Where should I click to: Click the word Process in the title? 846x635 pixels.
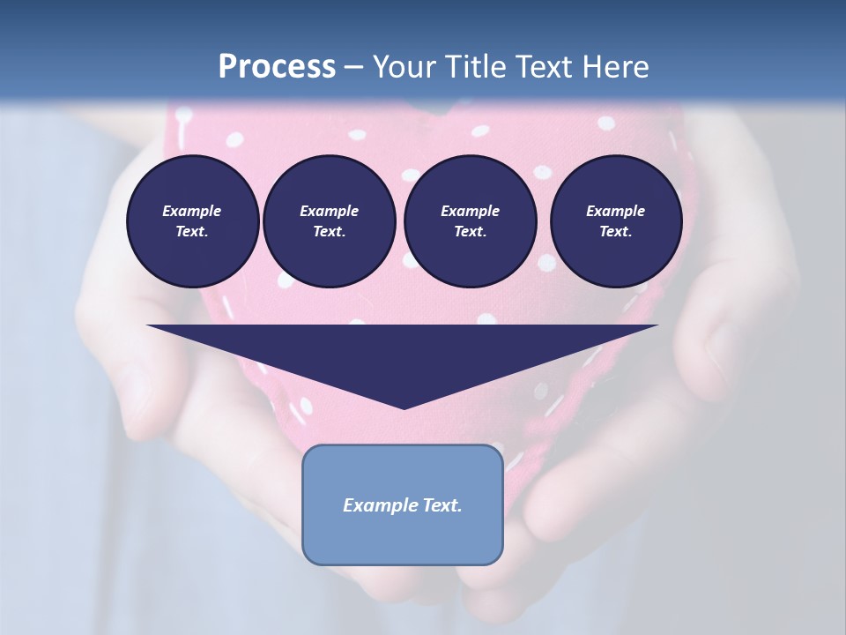(x=277, y=67)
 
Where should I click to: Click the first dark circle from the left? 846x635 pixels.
(x=192, y=221)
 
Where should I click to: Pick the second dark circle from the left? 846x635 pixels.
(x=329, y=221)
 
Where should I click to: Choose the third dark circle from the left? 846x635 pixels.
(x=470, y=221)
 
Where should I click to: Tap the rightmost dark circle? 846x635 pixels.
(x=616, y=221)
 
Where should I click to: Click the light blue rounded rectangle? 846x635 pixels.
(x=403, y=538)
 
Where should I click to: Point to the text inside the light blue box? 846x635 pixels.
(x=403, y=505)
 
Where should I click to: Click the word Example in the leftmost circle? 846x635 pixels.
(x=192, y=211)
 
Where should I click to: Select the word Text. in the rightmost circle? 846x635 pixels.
(x=616, y=232)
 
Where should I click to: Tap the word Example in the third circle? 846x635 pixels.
(x=470, y=211)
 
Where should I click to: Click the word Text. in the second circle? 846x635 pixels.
(x=329, y=232)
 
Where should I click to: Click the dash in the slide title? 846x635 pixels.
(x=354, y=67)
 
